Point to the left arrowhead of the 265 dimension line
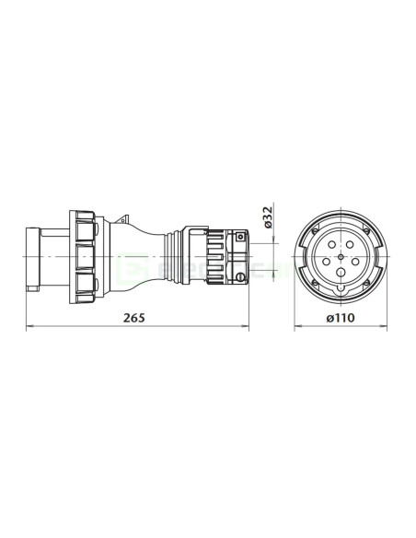(28, 326)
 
